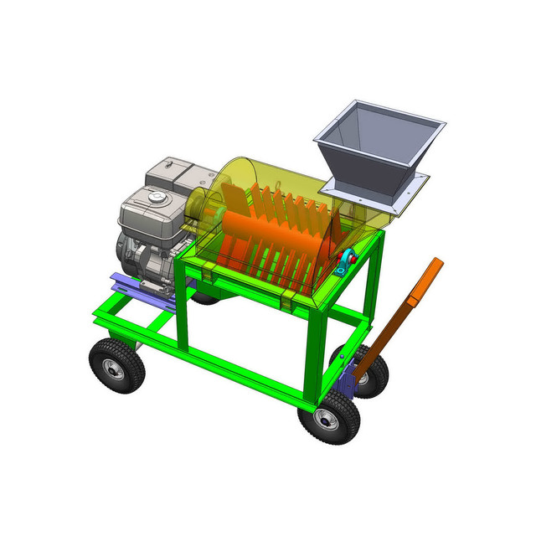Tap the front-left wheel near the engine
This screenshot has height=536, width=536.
(115, 365)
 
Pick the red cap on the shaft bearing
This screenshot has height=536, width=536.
(352, 258)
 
